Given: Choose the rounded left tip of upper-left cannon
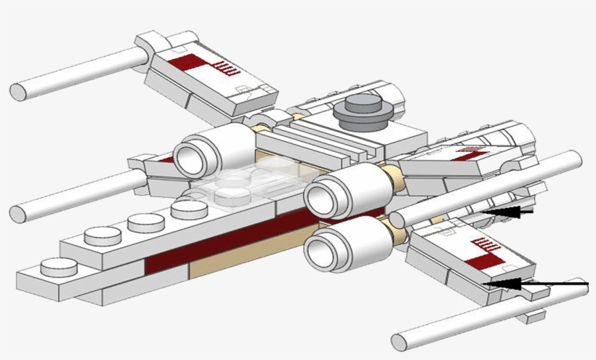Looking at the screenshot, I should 17,92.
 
